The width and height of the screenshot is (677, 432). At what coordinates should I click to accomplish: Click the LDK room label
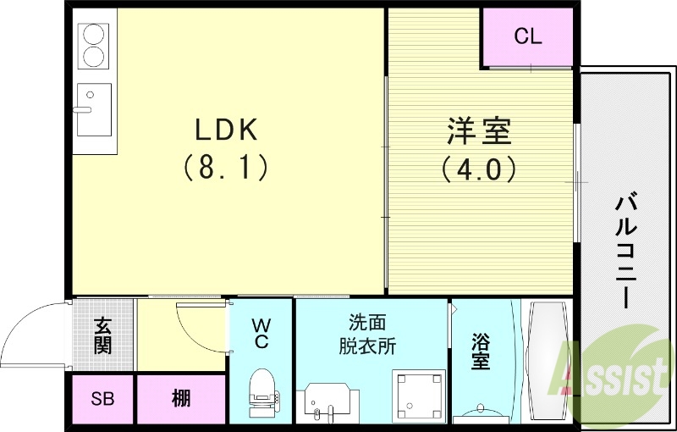[x=226, y=129]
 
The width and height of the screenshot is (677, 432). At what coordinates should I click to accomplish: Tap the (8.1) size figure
[x=226, y=167]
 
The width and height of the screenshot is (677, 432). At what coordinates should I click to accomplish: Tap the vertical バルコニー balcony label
[x=626, y=252]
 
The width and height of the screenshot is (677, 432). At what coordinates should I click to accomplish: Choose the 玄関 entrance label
[x=103, y=335]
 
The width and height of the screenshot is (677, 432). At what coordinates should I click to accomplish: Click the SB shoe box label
[x=102, y=400]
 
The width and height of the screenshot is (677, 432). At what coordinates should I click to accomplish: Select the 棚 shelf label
[x=181, y=400]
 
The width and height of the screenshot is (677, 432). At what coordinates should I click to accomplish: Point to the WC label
[x=261, y=333]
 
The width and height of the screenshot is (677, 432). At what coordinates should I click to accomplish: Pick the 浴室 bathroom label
[x=481, y=352]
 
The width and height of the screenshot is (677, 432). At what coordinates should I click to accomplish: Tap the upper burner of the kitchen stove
[x=93, y=35]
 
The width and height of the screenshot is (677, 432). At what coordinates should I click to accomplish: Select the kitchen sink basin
[x=94, y=110]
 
